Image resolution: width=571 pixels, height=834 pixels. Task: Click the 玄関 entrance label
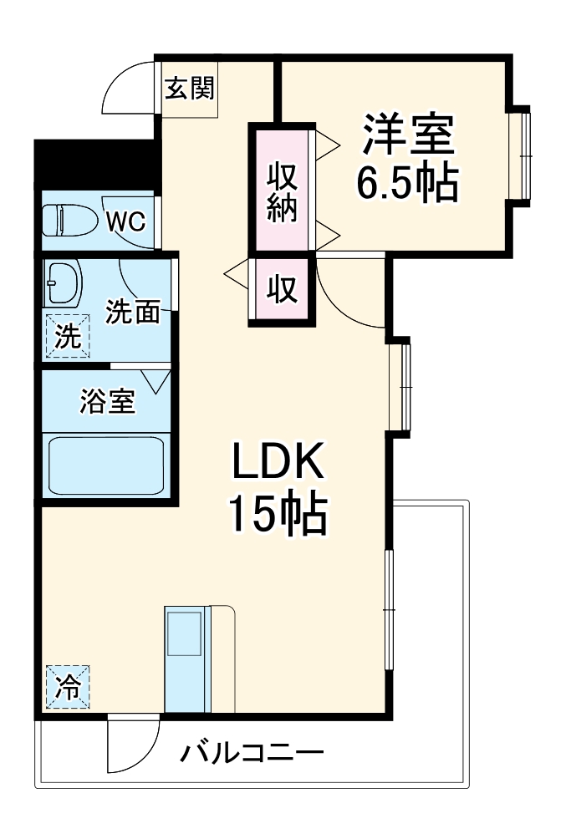click(189, 89)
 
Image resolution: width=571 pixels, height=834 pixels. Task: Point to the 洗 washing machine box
click(65, 336)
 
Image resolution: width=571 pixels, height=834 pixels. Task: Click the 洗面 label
click(132, 313)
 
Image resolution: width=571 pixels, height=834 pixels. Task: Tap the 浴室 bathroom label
click(106, 402)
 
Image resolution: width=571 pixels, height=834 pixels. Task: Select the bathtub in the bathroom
click(107, 465)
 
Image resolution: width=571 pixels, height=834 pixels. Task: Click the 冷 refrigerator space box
click(67, 687)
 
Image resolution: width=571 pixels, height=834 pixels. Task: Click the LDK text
click(277, 463)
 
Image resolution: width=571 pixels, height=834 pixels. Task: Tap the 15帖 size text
click(277, 515)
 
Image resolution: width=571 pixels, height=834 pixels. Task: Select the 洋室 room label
click(407, 135)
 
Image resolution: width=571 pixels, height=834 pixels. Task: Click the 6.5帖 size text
click(407, 182)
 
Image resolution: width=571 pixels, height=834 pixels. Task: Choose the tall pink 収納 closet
click(282, 191)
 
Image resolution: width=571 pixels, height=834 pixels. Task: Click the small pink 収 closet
click(282, 290)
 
